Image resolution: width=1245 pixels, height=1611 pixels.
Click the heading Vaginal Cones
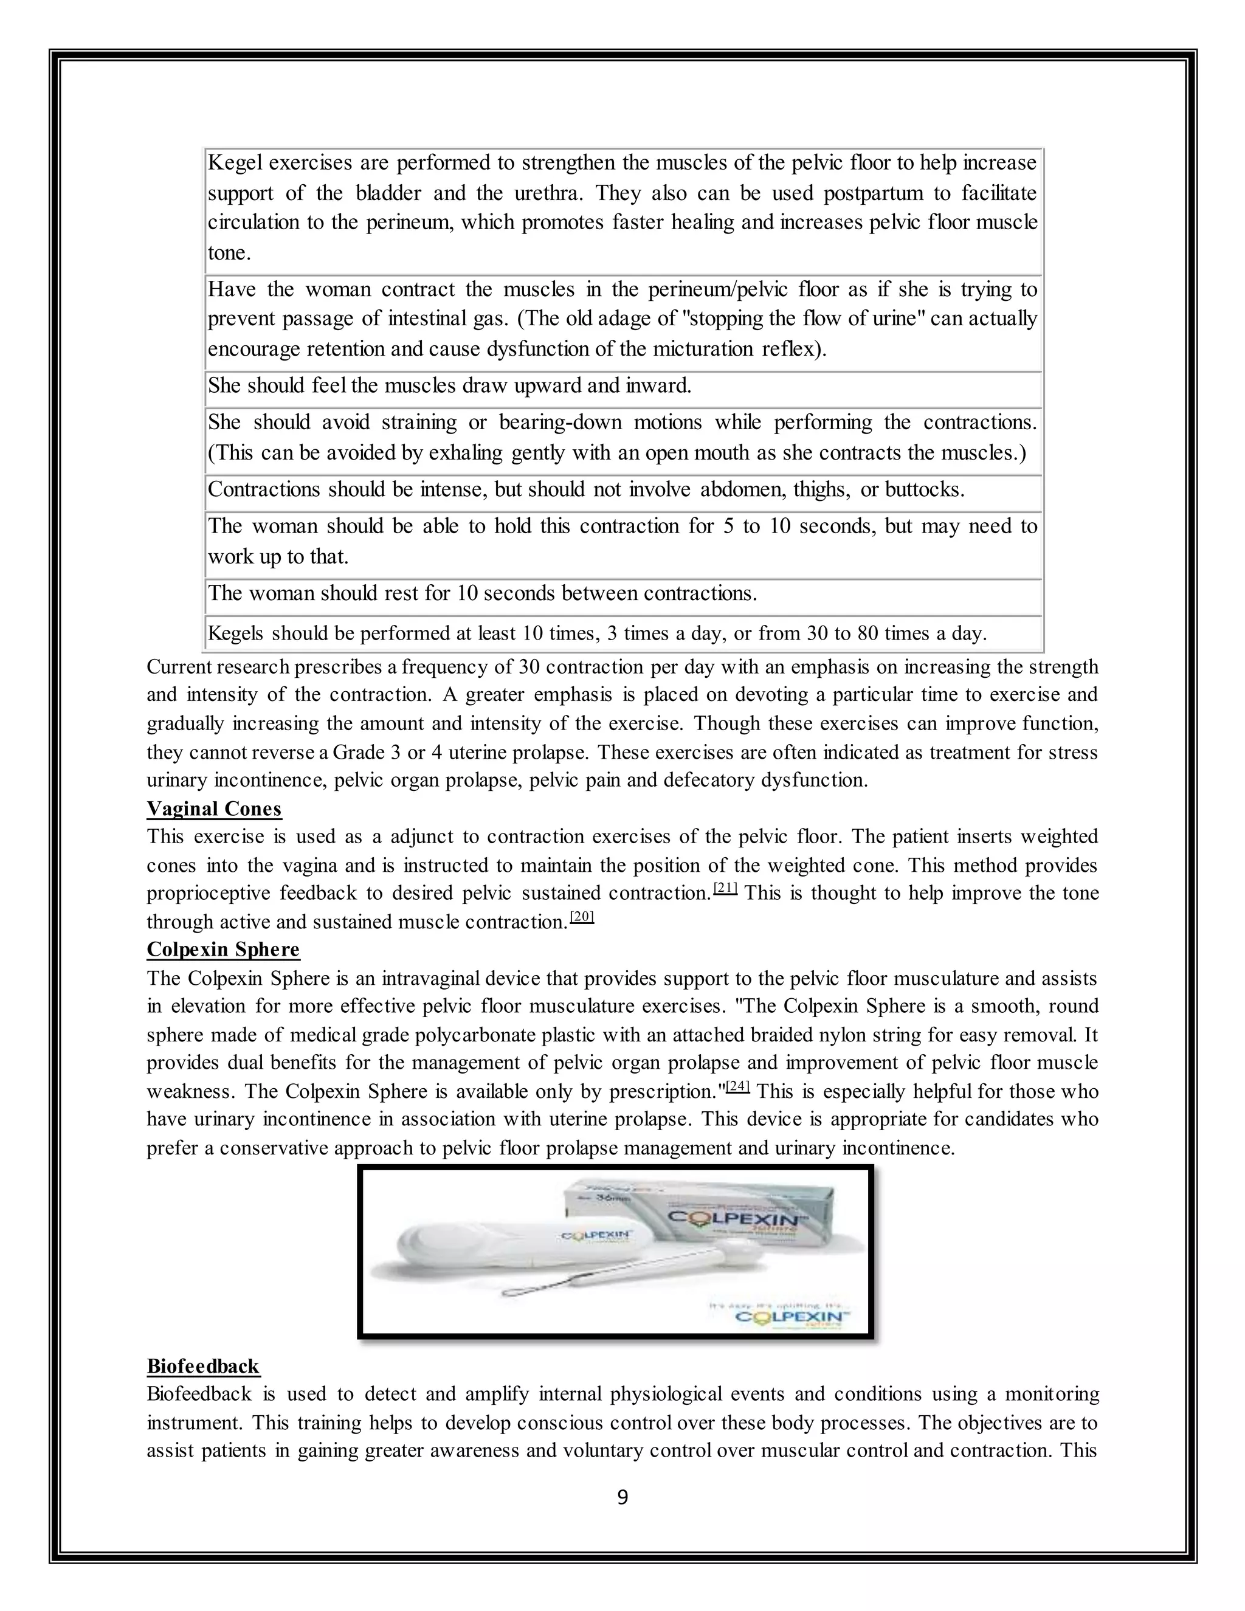click(214, 809)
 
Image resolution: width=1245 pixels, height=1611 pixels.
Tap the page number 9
click(622, 1497)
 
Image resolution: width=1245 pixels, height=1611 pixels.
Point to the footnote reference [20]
click(582, 917)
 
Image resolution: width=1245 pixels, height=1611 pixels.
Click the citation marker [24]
click(738, 1086)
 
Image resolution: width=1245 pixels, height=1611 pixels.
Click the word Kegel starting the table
click(235, 162)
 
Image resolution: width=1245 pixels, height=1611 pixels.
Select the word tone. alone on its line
click(229, 253)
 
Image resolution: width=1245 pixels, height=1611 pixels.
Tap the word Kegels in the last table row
click(236, 633)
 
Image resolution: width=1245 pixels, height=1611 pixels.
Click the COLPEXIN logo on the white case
click(595, 1235)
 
